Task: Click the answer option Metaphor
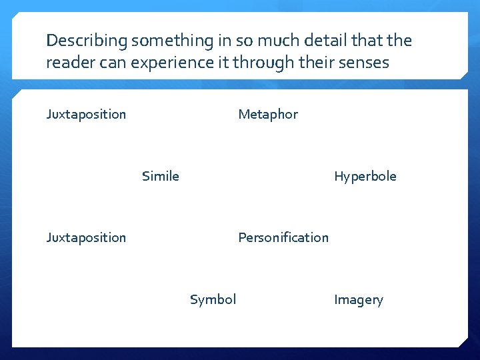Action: [268, 114]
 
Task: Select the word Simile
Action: [161, 176]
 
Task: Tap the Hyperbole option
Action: [365, 176]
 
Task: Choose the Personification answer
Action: [283, 237]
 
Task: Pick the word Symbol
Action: [213, 299]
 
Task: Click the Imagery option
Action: [359, 300]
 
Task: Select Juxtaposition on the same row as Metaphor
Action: [86, 114]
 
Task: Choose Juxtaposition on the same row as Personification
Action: [86, 237]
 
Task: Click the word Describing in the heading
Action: [86, 41]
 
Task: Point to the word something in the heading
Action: [171, 41]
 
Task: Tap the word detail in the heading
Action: [325, 41]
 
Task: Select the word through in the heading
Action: [259, 63]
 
